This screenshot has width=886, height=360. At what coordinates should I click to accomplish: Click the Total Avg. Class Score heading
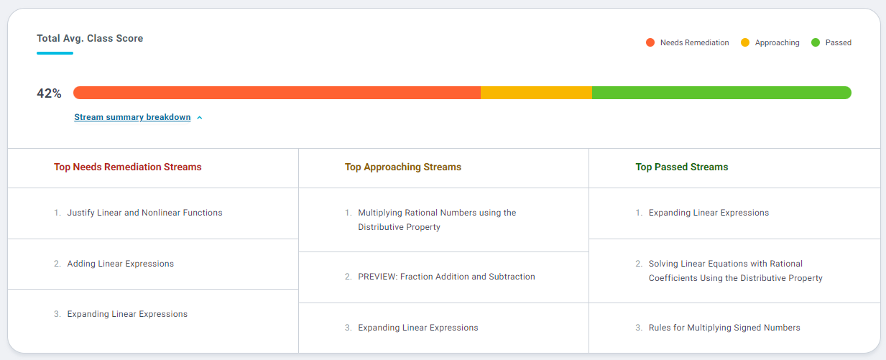pyautogui.click(x=90, y=39)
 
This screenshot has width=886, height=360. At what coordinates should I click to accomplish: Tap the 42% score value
pyautogui.click(x=49, y=93)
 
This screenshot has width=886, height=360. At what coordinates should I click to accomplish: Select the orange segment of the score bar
pyautogui.click(x=277, y=93)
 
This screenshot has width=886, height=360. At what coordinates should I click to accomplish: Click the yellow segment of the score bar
pyautogui.click(x=536, y=93)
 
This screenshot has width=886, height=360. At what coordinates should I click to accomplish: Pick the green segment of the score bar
pyautogui.click(x=721, y=93)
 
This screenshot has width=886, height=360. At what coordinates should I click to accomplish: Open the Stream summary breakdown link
pyautogui.click(x=132, y=117)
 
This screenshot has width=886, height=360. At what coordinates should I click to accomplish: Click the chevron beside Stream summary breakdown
pyautogui.click(x=200, y=118)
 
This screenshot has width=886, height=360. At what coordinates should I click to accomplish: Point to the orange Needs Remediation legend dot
pyautogui.click(x=650, y=43)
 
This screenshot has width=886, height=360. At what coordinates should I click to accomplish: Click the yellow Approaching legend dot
pyautogui.click(x=745, y=43)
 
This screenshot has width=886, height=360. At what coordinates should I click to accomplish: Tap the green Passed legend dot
pyautogui.click(x=816, y=43)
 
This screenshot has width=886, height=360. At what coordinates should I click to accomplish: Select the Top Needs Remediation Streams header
pyautogui.click(x=128, y=167)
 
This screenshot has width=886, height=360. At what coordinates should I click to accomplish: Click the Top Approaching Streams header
pyautogui.click(x=403, y=167)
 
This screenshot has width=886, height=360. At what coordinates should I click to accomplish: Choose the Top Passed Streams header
pyautogui.click(x=682, y=167)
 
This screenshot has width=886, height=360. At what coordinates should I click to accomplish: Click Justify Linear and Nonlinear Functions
pyautogui.click(x=144, y=213)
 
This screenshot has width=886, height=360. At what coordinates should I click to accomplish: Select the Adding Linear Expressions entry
pyautogui.click(x=121, y=264)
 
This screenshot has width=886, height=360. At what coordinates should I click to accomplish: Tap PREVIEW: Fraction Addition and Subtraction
pyautogui.click(x=446, y=277)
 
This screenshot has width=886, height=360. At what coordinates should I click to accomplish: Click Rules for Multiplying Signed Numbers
pyautogui.click(x=724, y=328)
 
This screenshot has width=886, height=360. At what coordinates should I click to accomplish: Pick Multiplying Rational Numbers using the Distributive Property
pyautogui.click(x=437, y=220)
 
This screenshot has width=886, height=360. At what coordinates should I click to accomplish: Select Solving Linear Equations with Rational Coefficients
pyautogui.click(x=735, y=271)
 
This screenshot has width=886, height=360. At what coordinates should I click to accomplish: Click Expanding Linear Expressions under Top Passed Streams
pyautogui.click(x=709, y=213)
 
